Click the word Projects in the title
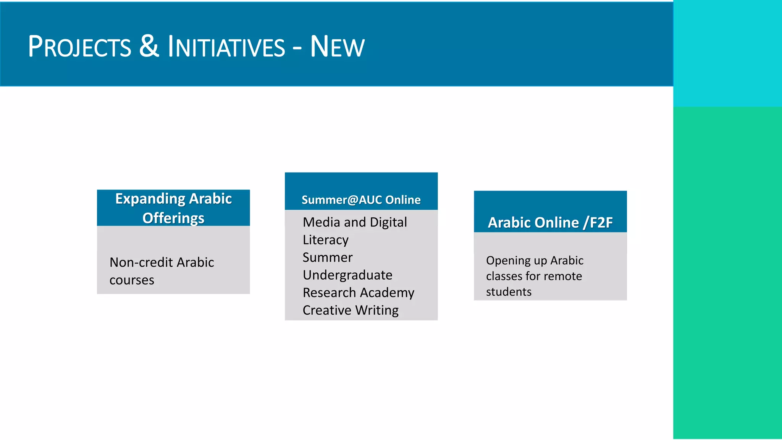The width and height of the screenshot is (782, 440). [79, 47]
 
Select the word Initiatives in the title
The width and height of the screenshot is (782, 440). [226, 47]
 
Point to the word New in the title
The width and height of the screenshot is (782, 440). [337, 47]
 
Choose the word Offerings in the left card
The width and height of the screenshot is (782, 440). [173, 218]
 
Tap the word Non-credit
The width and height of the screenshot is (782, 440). [141, 262]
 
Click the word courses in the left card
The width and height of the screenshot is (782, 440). [132, 280]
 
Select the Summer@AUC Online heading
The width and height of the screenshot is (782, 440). [361, 200]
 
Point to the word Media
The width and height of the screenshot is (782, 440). [321, 222]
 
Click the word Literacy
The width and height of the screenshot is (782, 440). [325, 240]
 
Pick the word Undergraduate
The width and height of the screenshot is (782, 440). [347, 275]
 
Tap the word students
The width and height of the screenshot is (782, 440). [509, 292]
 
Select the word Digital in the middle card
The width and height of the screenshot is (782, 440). [388, 222]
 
